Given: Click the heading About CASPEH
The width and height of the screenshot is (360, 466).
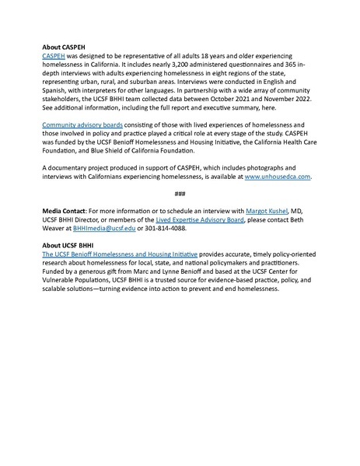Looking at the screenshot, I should (x=67, y=47).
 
